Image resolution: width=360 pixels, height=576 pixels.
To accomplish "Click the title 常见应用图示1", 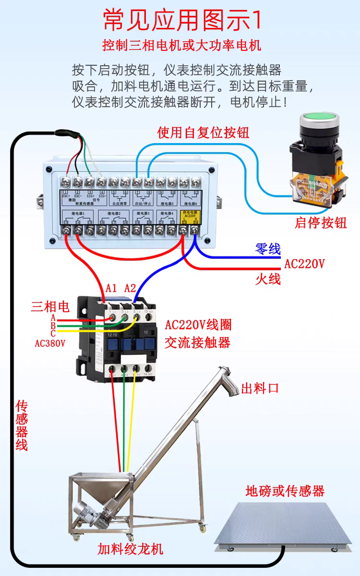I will [x=183, y=20].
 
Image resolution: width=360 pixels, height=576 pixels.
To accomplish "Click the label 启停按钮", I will [x=321, y=223].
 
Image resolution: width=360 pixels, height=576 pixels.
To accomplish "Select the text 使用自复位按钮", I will [x=204, y=132].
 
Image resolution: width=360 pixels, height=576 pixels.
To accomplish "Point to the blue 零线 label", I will [x=267, y=249].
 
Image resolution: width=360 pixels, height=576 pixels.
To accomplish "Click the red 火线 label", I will [x=267, y=278].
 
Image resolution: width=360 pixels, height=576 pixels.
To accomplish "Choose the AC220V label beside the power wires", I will [x=304, y=264].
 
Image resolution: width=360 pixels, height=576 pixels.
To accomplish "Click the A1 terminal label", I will [x=111, y=288].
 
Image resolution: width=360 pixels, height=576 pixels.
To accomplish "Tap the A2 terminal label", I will [x=130, y=288].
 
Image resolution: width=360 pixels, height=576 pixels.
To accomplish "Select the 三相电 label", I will [x=50, y=306].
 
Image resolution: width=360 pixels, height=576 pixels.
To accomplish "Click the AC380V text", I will [x=50, y=343].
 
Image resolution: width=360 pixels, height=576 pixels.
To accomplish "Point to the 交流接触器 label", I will [x=197, y=342].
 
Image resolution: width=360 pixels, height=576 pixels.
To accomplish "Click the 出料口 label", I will [x=260, y=388].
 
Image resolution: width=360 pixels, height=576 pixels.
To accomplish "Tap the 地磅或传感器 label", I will [x=285, y=491].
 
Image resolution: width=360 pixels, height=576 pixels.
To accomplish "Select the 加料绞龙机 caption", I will [x=131, y=549].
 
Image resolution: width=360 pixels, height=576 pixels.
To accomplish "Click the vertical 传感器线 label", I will [x=22, y=425].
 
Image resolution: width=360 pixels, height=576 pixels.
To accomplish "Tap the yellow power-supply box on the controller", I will [x=189, y=217].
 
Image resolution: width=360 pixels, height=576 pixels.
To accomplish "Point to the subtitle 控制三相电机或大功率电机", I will [x=181, y=46].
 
